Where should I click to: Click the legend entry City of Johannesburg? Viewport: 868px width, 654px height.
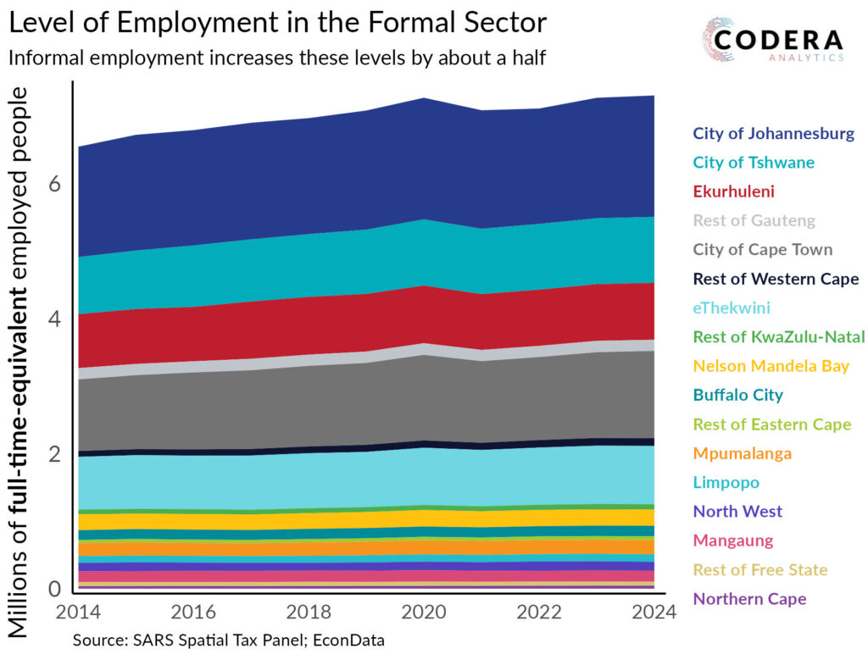773,133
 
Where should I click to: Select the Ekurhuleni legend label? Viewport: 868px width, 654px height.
733,191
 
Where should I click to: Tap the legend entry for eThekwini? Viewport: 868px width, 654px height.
732,308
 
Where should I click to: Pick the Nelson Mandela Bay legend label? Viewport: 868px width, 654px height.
771,366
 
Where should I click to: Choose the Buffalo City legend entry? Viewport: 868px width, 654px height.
737,395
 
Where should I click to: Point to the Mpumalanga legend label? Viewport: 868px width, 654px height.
742,453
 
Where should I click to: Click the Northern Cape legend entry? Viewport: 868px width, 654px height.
749,599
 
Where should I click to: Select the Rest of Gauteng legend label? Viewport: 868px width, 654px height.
754,220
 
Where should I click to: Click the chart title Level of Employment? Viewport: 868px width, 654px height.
277,23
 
